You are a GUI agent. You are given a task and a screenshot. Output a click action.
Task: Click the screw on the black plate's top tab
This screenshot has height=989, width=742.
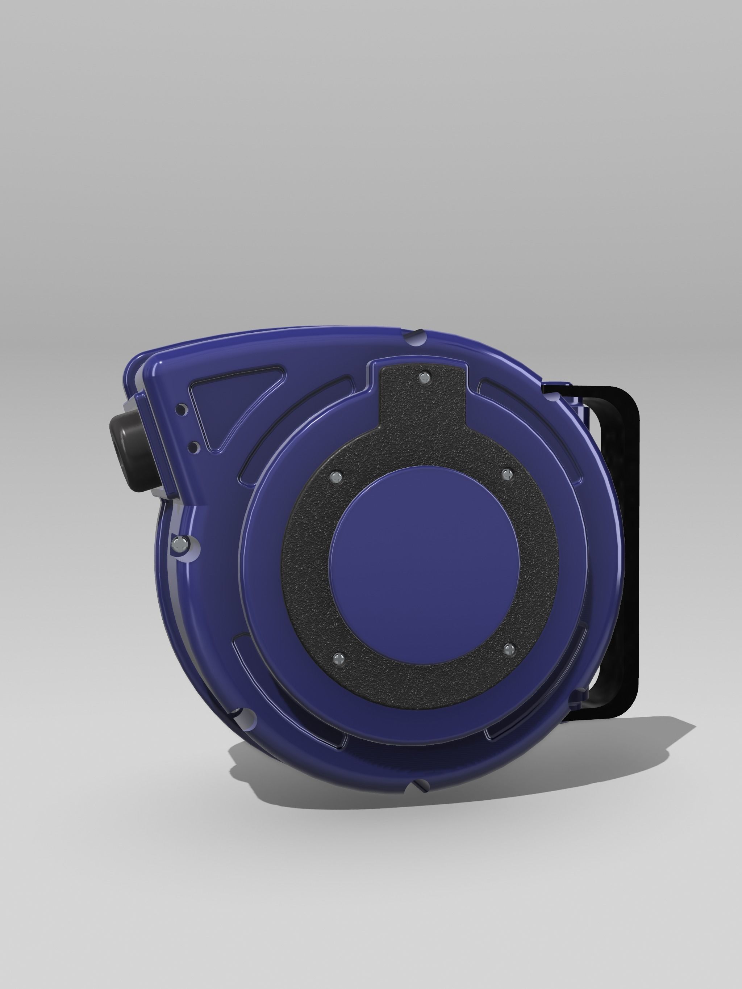point(422,378)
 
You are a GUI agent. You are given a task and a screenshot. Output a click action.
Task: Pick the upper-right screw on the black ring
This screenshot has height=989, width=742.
point(507,474)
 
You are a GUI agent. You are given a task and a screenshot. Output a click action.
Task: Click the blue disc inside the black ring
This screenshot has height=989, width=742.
point(424,565)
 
